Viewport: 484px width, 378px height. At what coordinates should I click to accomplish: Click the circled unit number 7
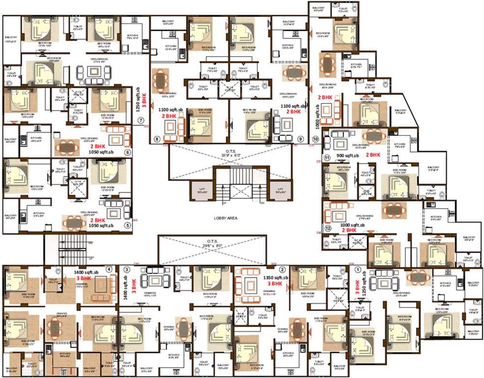[141, 120]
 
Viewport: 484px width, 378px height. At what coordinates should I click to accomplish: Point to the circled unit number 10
[315, 139]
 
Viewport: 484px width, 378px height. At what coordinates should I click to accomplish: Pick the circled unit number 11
[327, 157]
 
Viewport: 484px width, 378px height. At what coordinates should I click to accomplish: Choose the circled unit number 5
[128, 226]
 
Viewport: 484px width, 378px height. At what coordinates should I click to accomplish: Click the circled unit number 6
[128, 153]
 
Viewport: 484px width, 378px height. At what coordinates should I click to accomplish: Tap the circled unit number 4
[109, 269]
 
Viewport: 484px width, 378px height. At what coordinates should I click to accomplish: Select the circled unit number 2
[283, 269]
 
